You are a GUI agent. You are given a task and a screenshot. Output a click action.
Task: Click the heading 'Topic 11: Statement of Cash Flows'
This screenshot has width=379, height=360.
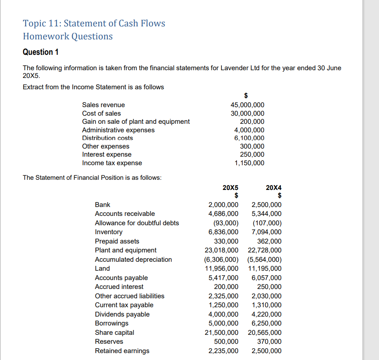click(x=94, y=24)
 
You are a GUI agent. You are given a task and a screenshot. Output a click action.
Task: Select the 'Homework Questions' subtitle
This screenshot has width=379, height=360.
click(x=68, y=37)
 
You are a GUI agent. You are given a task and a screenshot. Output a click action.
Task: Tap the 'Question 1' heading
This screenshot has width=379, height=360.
click(x=41, y=52)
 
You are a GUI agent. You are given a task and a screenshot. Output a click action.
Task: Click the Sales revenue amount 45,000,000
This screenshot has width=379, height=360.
click(x=248, y=105)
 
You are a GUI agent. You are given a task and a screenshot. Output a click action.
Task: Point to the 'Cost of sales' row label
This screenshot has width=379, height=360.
click(x=101, y=113)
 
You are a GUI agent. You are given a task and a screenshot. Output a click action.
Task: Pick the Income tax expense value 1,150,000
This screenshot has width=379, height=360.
click(x=249, y=163)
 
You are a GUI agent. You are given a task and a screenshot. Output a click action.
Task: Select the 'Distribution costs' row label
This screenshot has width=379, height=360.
click(x=108, y=138)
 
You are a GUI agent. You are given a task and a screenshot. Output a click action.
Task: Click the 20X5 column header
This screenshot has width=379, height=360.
click(x=230, y=188)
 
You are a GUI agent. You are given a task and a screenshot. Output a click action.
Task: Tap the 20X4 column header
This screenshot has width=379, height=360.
click(x=273, y=188)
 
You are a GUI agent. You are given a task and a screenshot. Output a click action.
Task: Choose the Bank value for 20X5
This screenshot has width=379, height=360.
click(x=223, y=205)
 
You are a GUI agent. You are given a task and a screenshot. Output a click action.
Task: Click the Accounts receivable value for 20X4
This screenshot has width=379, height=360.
click(x=267, y=213)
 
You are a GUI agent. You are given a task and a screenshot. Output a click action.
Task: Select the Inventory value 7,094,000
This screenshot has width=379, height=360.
click(x=267, y=232)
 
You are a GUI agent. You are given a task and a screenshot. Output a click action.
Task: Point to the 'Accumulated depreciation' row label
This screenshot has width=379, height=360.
click(x=133, y=259)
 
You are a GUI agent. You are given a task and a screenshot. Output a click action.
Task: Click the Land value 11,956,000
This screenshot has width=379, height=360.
click(x=222, y=268)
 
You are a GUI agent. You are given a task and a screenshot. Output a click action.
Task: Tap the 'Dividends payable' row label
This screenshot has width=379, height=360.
click(x=122, y=314)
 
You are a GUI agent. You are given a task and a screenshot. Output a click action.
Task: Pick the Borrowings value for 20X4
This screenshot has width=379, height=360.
click(x=267, y=323)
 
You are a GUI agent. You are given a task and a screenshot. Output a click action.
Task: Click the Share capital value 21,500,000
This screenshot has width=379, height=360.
click(x=222, y=332)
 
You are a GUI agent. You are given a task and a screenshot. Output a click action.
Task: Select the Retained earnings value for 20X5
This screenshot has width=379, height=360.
click(x=223, y=351)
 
